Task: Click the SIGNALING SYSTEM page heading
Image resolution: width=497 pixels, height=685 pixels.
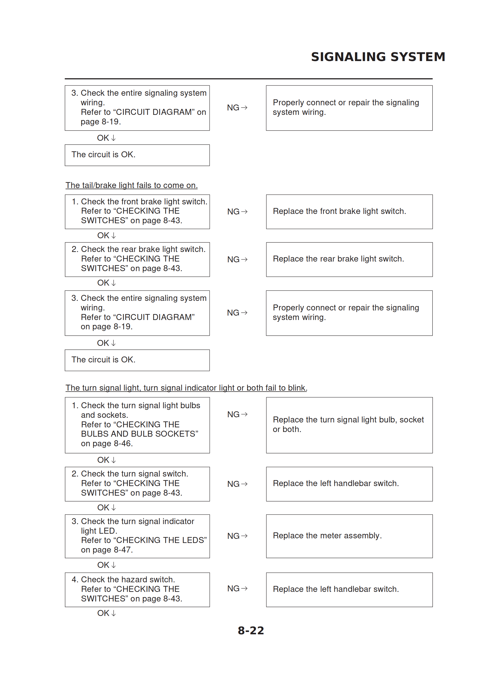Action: (378, 57)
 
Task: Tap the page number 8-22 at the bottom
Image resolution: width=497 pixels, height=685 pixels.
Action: (251, 630)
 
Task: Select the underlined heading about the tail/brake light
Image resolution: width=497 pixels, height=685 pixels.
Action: (131, 185)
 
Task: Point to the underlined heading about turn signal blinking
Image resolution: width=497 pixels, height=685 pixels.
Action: (186, 388)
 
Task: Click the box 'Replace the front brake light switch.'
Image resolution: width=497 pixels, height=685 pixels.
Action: (349, 211)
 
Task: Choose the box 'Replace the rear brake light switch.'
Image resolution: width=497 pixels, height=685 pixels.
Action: (349, 259)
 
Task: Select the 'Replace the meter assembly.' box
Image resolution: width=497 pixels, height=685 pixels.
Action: (349, 536)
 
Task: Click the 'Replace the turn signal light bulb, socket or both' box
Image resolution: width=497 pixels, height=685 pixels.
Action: (349, 425)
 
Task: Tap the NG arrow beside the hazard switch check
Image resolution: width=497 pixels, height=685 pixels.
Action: (237, 588)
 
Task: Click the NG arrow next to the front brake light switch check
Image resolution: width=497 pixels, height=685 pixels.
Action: (237, 211)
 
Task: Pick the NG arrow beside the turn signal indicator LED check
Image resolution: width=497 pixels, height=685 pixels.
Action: (237, 536)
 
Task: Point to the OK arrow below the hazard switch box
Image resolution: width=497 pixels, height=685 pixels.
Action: (106, 613)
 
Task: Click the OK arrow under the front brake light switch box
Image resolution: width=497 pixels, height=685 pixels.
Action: (106, 235)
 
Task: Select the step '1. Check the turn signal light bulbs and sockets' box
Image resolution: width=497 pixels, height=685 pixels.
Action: (137, 425)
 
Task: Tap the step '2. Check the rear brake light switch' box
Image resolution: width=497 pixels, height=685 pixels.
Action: (137, 259)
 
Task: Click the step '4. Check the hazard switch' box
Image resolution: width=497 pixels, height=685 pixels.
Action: (137, 589)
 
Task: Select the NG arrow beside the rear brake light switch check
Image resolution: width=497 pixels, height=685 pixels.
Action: (237, 259)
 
